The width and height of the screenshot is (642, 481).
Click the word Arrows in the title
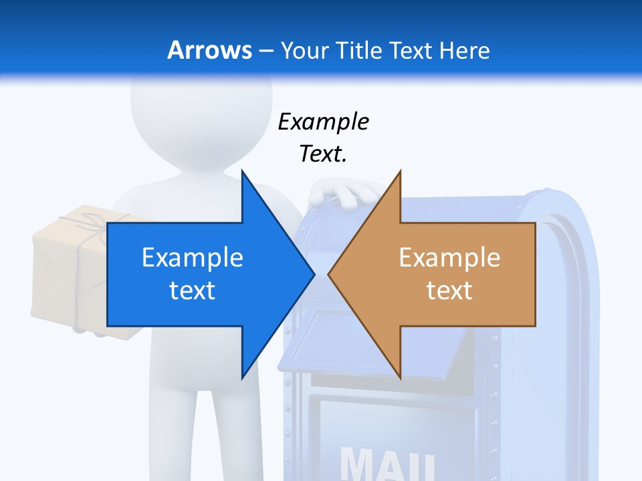tap(209, 50)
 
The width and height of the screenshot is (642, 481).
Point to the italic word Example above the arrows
tap(323, 122)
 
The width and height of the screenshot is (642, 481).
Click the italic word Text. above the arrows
tap(323, 154)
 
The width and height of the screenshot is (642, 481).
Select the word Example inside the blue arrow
tap(193, 257)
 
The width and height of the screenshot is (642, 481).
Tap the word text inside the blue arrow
tap(193, 290)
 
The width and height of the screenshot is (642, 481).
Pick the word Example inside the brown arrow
tap(449, 257)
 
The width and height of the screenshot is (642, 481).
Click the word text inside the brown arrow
tap(449, 290)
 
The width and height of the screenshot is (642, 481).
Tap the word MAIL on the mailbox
tap(388, 463)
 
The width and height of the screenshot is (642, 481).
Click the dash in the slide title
tap(266, 51)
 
